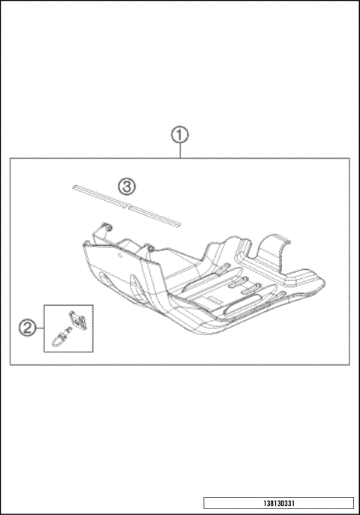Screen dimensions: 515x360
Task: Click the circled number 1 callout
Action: [179, 136]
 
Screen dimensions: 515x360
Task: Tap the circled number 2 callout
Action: [26, 327]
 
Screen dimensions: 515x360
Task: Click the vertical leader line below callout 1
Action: [179, 151]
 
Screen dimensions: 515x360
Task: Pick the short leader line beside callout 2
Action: [39, 327]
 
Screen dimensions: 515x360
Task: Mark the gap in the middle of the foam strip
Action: [129, 203]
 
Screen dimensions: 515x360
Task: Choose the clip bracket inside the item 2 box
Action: [77, 321]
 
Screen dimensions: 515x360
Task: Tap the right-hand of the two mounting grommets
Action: [148, 247]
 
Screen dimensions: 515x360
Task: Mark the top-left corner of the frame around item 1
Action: [10, 157]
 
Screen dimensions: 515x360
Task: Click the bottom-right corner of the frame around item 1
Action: [350, 365]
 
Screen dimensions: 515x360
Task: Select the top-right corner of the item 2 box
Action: [93, 305]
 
